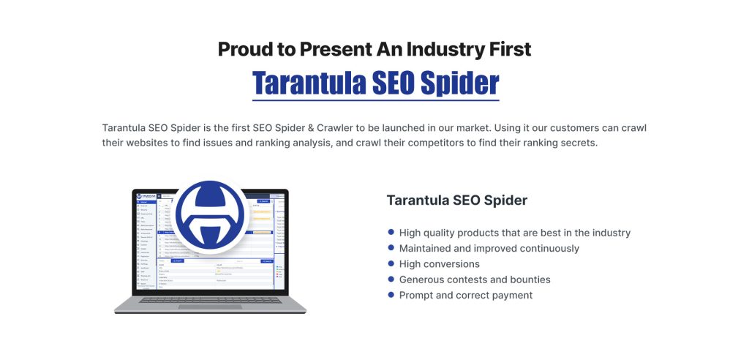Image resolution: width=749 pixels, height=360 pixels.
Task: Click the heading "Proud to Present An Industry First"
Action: [x=374, y=50]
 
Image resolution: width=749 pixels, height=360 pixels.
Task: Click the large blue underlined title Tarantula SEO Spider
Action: [x=375, y=83]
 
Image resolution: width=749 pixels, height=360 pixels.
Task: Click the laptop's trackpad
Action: [x=210, y=306]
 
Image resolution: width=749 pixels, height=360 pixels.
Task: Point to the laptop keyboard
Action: [x=210, y=299]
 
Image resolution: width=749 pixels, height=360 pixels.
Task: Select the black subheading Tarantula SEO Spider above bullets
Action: [x=456, y=200]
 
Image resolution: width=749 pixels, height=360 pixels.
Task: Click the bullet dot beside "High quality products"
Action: [x=391, y=233]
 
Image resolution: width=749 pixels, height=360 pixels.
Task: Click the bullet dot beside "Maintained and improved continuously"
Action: [x=391, y=248]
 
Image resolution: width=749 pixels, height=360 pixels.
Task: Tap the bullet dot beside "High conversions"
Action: [x=391, y=263]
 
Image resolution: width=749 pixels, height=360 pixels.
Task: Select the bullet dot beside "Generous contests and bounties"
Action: [x=391, y=280]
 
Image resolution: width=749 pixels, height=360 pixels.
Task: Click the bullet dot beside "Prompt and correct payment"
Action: [x=391, y=295]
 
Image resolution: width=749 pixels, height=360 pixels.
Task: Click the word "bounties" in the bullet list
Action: [x=527, y=280]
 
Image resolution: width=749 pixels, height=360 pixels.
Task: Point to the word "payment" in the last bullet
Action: [x=511, y=296]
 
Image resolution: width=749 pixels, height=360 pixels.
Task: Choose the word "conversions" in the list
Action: [x=453, y=264]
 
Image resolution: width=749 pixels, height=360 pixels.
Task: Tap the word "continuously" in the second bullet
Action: [x=546, y=249]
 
